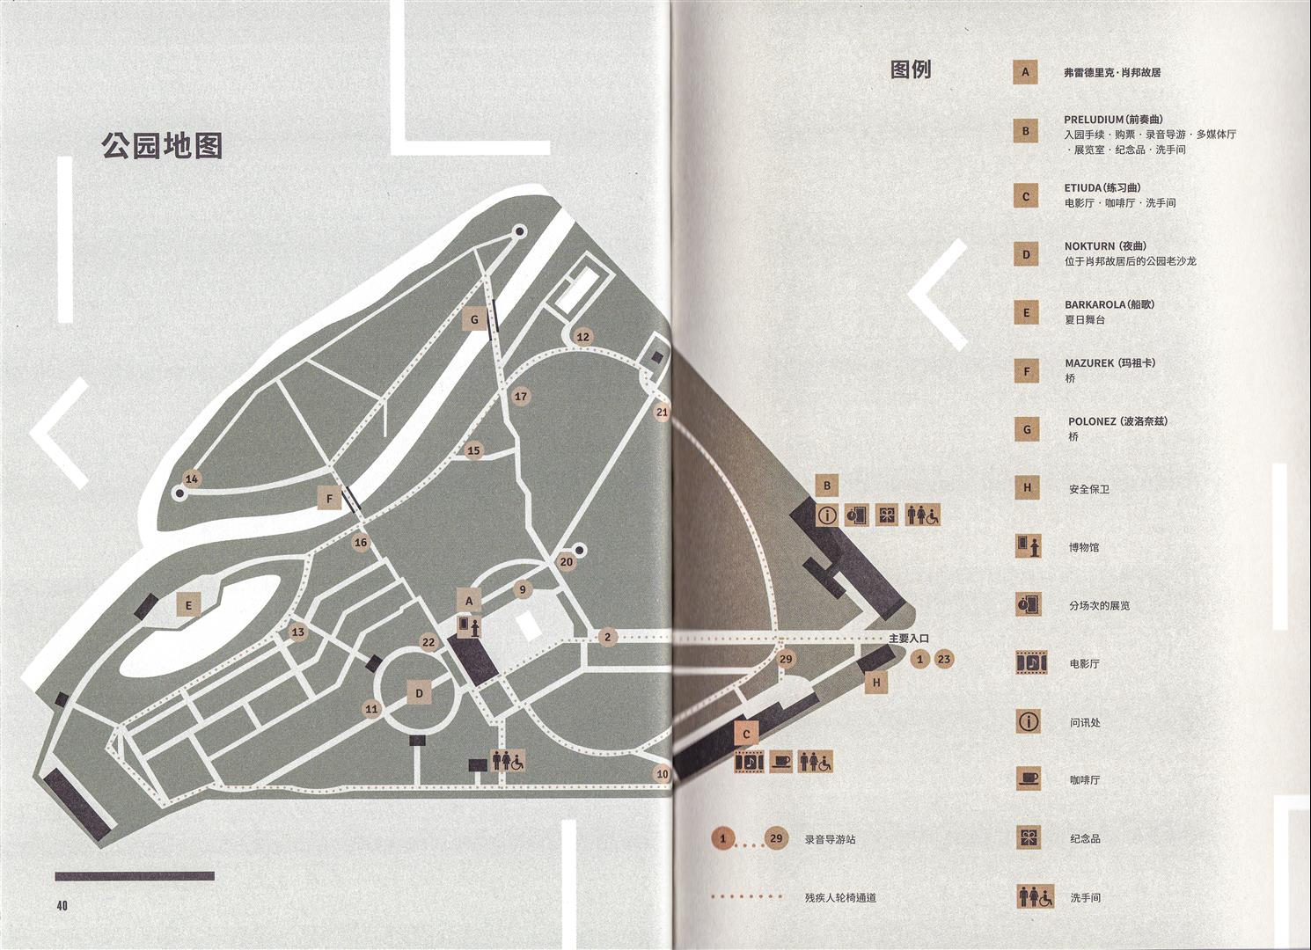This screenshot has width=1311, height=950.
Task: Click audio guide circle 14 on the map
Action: tap(192, 479)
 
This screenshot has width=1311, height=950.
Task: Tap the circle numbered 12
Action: tap(582, 337)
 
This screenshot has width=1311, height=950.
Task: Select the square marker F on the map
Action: tap(329, 499)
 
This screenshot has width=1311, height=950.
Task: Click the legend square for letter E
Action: tap(1026, 312)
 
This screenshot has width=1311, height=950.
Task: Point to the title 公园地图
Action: tap(162, 145)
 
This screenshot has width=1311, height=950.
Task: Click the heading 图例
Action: tap(911, 69)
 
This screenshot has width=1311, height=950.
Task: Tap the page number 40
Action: tap(62, 905)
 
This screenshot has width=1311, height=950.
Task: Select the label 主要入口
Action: tap(909, 639)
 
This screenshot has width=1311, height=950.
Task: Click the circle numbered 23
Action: tap(944, 659)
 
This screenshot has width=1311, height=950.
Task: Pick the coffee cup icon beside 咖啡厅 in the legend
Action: tap(1029, 779)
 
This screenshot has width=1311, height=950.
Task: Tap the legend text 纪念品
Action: tap(1085, 838)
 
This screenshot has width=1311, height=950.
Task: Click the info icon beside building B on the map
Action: tap(827, 515)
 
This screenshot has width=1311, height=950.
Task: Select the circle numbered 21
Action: tap(663, 412)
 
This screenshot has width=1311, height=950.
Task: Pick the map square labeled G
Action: tap(474, 319)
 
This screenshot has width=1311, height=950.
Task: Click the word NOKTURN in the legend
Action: tap(1089, 246)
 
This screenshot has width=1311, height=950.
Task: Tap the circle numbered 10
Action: tap(663, 774)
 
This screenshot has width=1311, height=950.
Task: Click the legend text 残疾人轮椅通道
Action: tap(840, 897)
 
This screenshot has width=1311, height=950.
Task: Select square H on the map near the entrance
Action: tap(876, 682)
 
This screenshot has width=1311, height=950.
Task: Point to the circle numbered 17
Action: tap(521, 397)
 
